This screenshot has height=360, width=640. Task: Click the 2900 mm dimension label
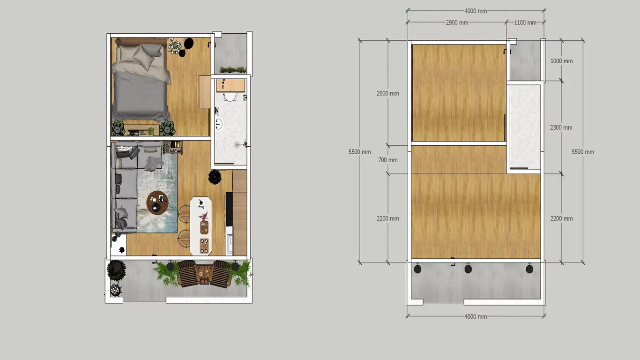click(457, 22)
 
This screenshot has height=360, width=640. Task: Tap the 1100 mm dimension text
click(525, 22)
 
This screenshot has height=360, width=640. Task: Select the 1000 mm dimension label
click(561, 61)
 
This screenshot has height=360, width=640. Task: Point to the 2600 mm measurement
click(388, 93)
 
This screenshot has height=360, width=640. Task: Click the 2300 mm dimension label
click(561, 127)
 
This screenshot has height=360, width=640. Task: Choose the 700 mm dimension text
click(388, 160)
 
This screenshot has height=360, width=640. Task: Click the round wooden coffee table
click(157, 202)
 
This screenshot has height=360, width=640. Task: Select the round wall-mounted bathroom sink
click(219, 124)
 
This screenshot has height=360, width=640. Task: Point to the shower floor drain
click(237, 145)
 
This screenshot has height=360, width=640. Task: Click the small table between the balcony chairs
click(203, 274)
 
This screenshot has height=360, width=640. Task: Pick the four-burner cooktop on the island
click(204, 246)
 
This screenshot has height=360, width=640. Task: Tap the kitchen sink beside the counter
click(230, 245)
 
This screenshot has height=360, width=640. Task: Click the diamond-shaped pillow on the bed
click(145, 58)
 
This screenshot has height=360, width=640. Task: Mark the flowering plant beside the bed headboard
click(175, 46)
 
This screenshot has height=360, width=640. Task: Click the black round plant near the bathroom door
click(215, 177)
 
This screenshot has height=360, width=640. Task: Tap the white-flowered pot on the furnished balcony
click(115, 289)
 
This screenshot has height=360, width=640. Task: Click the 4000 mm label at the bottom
click(476, 316)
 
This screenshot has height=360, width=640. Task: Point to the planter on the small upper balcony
click(233, 70)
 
